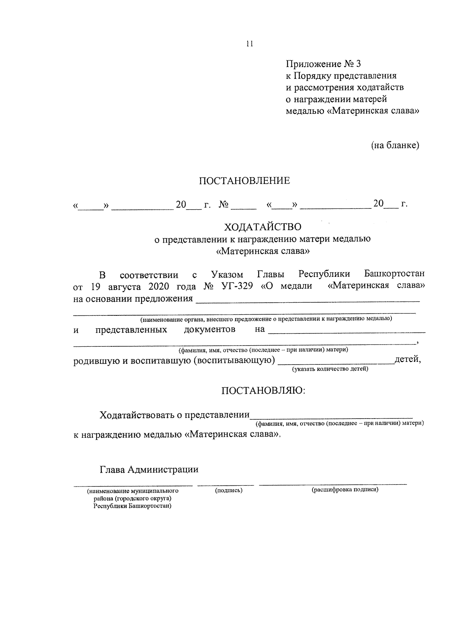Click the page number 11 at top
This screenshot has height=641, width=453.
(x=249, y=44)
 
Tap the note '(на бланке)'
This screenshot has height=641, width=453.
(x=395, y=145)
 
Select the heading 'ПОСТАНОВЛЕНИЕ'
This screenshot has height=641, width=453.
(x=245, y=181)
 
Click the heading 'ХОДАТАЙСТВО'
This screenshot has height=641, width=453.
(x=263, y=227)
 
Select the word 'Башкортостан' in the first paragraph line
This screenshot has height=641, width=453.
(x=394, y=273)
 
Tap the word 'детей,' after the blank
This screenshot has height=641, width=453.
(x=407, y=359)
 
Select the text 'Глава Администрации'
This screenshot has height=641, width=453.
(x=149, y=470)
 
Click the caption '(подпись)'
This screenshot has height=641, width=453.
(x=228, y=490)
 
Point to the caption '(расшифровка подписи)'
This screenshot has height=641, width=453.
(x=345, y=490)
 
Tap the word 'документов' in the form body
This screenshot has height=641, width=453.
(x=210, y=330)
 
